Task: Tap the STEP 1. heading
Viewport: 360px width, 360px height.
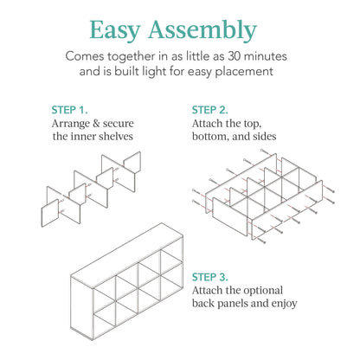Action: (70, 110)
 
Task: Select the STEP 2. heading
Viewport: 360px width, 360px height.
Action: (210, 110)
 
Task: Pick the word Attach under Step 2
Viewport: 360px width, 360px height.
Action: (209, 124)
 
